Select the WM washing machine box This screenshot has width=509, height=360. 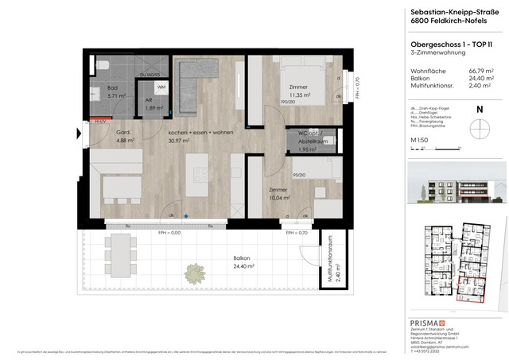[161, 87]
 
